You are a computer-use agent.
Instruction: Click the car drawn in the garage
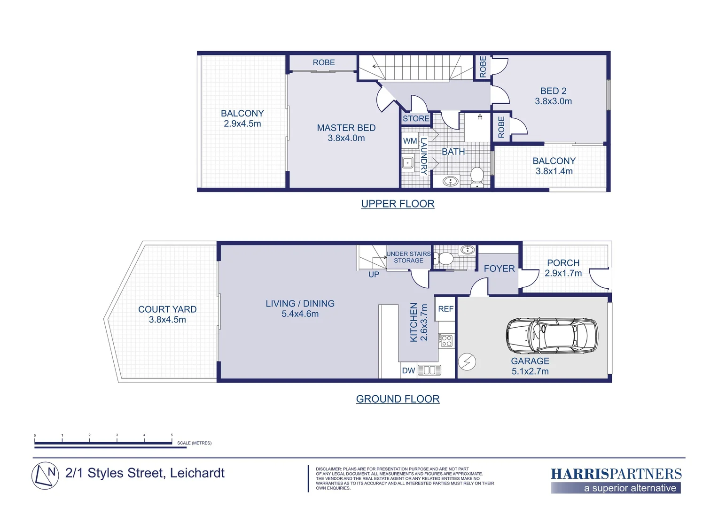click(x=552, y=336)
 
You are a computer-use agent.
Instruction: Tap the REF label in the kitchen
click(x=445, y=309)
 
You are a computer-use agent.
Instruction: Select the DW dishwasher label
click(x=408, y=370)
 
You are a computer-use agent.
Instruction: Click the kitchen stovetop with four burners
click(x=446, y=340)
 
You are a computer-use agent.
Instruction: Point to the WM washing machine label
click(x=410, y=141)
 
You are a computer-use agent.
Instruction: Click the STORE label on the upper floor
click(x=416, y=119)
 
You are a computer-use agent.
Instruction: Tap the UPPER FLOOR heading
click(x=398, y=204)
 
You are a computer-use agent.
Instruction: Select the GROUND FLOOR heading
click(x=398, y=399)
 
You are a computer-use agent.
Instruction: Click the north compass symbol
click(x=45, y=476)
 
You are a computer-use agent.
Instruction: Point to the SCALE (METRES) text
click(x=194, y=443)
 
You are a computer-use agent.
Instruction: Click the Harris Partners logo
click(x=616, y=480)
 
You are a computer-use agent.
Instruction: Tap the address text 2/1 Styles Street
click(x=145, y=473)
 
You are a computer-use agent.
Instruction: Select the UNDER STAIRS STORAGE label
click(x=408, y=257)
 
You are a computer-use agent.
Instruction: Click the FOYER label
click(x=499, y=269)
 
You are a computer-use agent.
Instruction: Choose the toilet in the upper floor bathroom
click(x=477, y=177)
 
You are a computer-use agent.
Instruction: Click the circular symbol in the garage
click(x=467, y=361)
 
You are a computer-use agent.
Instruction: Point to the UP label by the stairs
click(x=374, y=275)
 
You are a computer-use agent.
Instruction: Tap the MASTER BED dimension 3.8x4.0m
click(x=346, y=138)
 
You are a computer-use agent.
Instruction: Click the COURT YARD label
click(x=167, y=309)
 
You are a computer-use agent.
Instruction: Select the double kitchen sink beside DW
click(x=429, y=370)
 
